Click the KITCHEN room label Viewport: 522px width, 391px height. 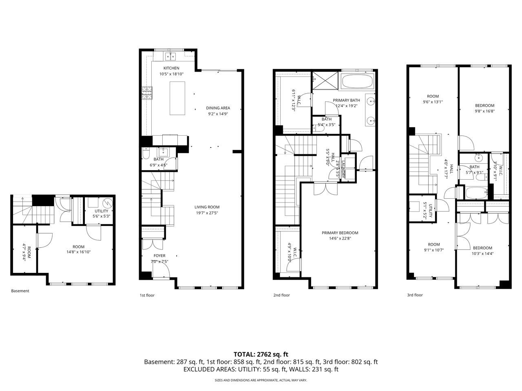click(x=171, y=68)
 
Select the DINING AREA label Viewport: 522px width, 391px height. click(x=218, y=108)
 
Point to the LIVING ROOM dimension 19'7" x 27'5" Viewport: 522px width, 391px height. click(x=207, y=213)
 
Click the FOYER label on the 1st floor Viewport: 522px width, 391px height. click(x=159, y=256)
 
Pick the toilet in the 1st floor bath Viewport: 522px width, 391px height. click(x=146, y=155)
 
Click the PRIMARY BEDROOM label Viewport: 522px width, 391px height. click(x=340, y=233)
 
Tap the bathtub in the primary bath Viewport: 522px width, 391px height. click(x=357, y=81)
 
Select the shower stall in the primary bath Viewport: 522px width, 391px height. click(x=325, y=80)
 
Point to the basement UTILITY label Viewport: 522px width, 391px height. click(x=101, y=211)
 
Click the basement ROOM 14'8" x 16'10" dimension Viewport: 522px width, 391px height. click(x=78, y=252)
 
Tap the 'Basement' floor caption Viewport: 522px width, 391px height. click(x=20, y=291)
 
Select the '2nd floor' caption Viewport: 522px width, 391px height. click(x=281, y=295)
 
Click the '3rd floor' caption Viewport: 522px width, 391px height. click(x=415, y=295)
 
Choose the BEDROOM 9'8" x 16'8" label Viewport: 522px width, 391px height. click(x=484, y=105)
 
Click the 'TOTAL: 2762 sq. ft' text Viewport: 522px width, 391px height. click(x=261, y=354)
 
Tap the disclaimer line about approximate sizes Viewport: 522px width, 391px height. click(x=261, y=380)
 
